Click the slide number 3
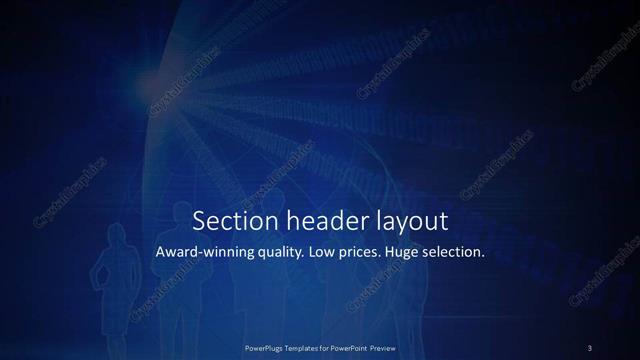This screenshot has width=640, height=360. click(590, 348)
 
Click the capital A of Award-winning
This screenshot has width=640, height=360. click(160, 252)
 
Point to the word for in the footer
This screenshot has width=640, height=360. click(327, 348)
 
